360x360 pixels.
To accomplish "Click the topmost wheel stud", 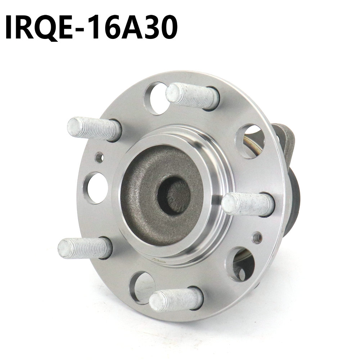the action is tap(192, 96).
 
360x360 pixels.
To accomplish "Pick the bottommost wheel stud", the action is tap(176, 299).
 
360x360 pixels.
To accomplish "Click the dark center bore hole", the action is tap(174, 196).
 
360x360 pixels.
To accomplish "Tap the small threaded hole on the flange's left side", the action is tap(99, 157).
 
